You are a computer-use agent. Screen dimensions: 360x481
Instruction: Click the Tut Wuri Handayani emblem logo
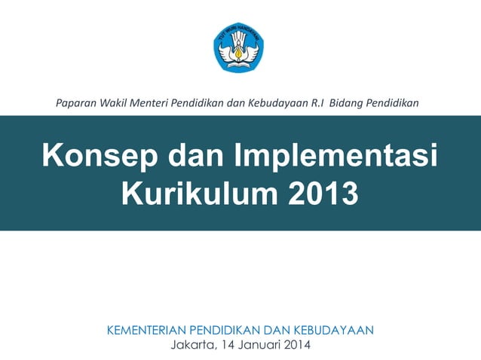coord(240,47)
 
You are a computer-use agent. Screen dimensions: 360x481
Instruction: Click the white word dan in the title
coord(191,157)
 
